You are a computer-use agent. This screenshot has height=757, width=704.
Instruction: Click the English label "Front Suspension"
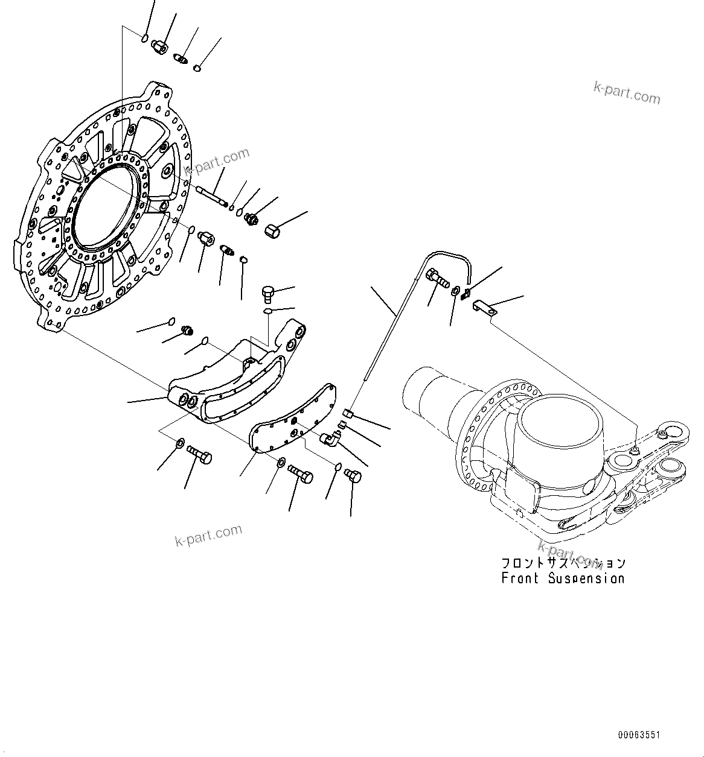[x=562, y=578]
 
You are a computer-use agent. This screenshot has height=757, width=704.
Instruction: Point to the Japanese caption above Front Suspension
[x=562, y=563]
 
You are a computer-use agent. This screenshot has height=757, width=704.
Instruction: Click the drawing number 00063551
[x=639, y=735]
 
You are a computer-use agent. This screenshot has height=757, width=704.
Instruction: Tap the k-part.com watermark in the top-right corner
[x=627, y=93]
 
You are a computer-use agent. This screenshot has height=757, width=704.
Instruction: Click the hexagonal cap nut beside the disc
[x=274, y=230]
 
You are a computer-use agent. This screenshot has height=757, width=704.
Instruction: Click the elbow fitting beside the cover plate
[x=330, y=439]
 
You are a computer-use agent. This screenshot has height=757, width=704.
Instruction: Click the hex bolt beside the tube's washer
[x=437, y=279]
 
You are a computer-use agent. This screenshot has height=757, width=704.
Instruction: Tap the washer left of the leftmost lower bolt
[x=181, y=445]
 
